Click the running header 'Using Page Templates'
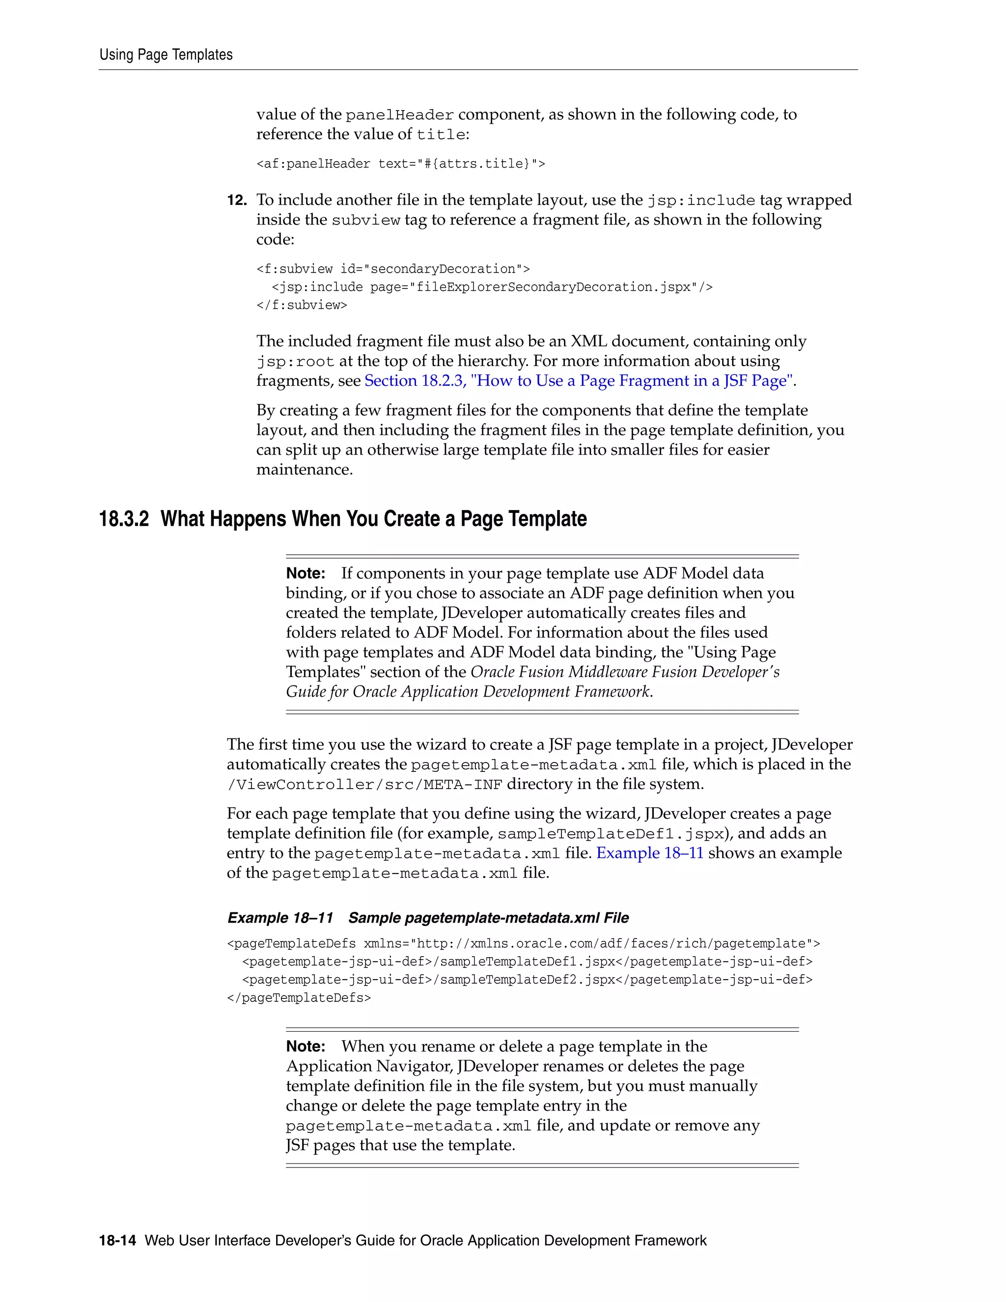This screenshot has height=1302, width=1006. tap(166, 55)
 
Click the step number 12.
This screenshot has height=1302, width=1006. tap(237, 200)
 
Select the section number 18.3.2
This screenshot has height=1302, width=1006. tap(124, 519)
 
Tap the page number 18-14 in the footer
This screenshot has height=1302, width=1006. tap(117, 1241)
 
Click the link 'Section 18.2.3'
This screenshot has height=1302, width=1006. tap(415, 381)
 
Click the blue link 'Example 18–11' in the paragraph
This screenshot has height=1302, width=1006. tap(649, 853)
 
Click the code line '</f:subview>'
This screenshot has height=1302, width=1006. tap(302, 305)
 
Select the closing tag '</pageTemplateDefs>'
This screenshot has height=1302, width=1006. tap(299, 998)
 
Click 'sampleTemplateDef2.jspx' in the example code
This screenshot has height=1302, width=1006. tap(528, 980)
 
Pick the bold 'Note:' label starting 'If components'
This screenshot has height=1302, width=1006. tap(305, 573)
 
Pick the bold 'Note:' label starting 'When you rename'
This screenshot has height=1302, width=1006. tap(305, 1047)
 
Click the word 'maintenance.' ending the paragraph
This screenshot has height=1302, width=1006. tap(305, 470)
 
